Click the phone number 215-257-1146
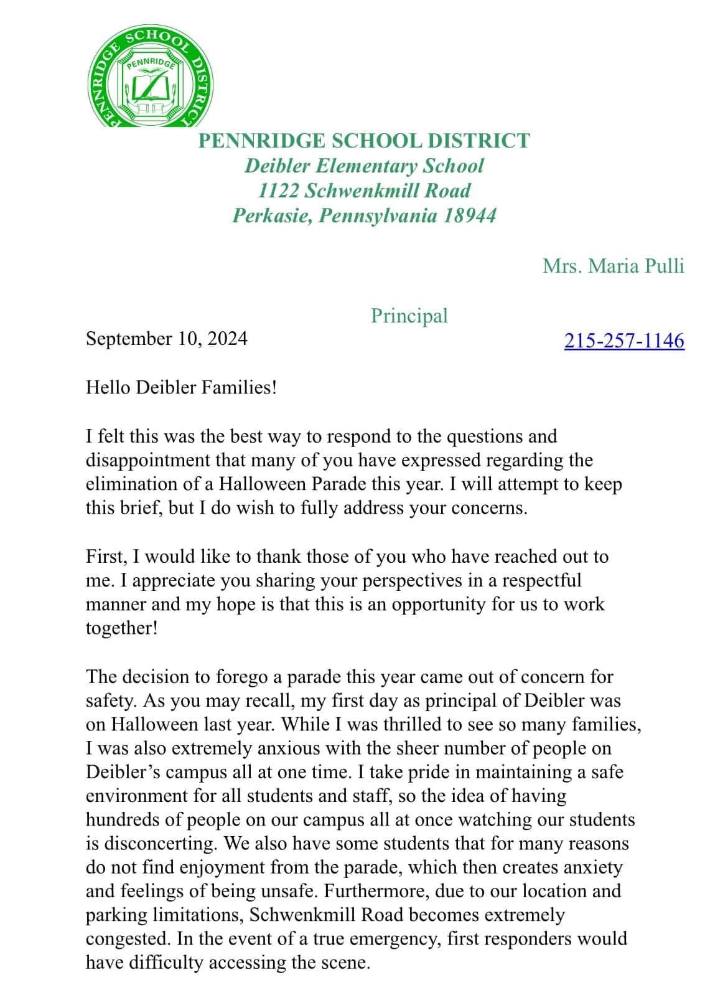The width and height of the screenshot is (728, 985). click(624, 341)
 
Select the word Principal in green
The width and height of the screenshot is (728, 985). click(409, 316)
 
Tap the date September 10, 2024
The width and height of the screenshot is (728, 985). click(166, 339)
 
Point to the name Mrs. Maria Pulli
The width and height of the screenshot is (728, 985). click(613, 266)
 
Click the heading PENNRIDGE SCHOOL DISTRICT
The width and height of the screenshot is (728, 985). click(364, 141)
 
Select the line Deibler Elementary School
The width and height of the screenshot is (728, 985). click(364, 166)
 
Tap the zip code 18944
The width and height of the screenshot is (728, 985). click(470, 215)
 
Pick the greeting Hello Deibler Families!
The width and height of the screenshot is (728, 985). click(181, 387)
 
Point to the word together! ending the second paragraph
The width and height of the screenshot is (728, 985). click(122, 628)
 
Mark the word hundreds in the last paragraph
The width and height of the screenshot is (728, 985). click(123, 820)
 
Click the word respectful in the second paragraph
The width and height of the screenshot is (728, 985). click(541, 580)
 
